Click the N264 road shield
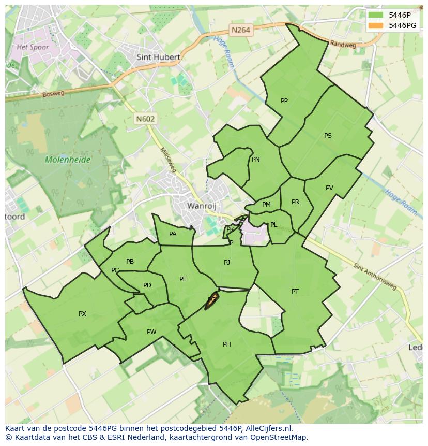(241, 30)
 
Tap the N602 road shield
(145, 119)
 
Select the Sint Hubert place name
(158, 57)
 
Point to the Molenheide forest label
(68, 160)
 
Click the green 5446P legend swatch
(376, 15)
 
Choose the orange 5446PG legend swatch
(376, 25)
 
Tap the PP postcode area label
(284, 101)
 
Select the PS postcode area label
(328, 136)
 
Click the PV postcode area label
(329, 188)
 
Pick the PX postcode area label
(82, 314)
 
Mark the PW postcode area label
(151, 332)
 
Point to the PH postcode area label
(226, 344)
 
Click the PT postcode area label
(295, 292)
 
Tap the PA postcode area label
(173, 234)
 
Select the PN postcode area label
(255, 160)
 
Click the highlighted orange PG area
(211, 300)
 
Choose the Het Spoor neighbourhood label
(33, 47)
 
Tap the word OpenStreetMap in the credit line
(278, 437)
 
